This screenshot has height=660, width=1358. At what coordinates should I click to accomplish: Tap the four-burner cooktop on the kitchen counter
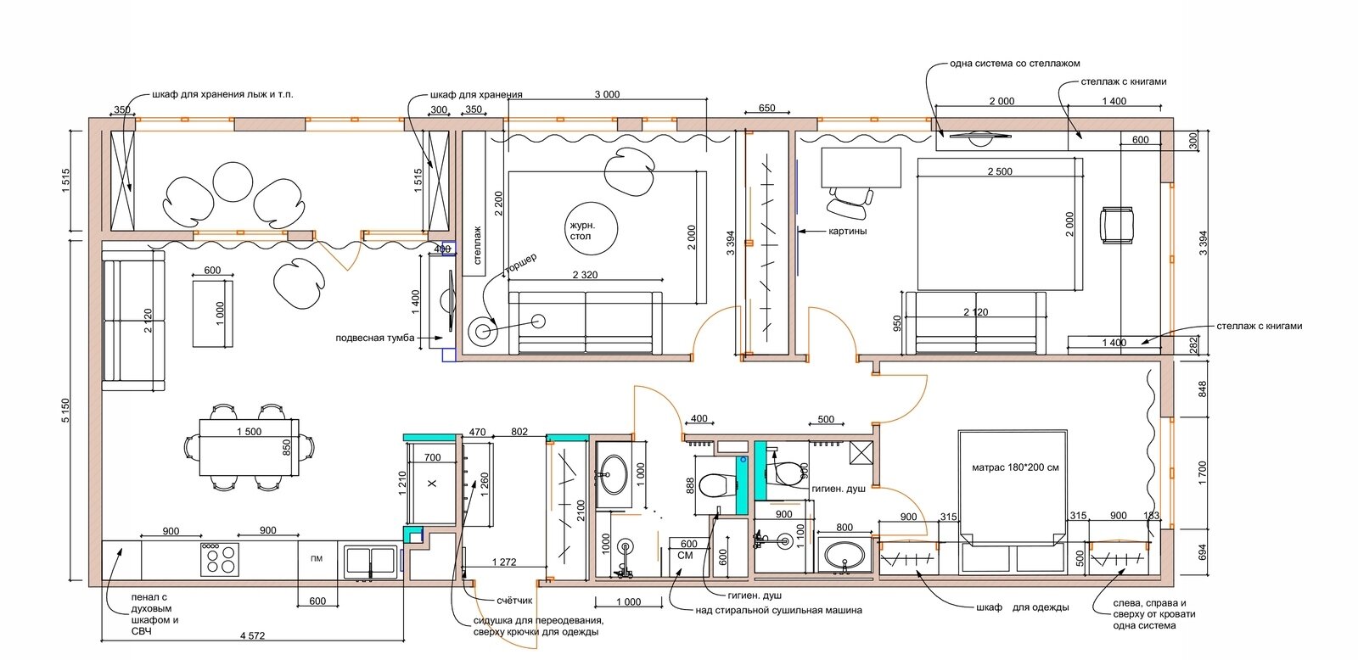click(x=220, y=559)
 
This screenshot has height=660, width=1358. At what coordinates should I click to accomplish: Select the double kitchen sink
click(x=370, y=562)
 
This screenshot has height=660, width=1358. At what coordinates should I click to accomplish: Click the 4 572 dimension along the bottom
click(x=252, y=635)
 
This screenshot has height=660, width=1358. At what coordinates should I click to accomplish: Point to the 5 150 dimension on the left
click(x=65, y=411)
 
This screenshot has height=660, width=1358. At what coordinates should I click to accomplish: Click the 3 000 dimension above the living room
click(x=607, y=94)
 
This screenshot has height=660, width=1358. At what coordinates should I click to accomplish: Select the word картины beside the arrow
click(x=848, y=231)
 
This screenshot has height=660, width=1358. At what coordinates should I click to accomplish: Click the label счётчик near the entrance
click(x=514, y=601)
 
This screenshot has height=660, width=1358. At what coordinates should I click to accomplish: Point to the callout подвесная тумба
click(x=375, y=338)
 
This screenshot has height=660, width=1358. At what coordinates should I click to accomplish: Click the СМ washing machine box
click(x=685, y=555)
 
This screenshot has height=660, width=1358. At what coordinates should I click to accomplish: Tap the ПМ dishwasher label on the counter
click(x=317, y=559)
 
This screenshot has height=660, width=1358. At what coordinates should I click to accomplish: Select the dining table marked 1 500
click(x=250, y=447)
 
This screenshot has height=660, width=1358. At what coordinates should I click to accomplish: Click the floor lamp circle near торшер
click(x=483, y=331)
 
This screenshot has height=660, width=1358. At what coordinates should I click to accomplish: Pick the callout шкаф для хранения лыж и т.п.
click(x=222, y=94)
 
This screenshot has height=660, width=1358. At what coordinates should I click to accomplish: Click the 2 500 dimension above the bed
click(x=1000, y=171)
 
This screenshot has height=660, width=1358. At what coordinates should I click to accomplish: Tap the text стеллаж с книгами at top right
click(x=1124, y=81)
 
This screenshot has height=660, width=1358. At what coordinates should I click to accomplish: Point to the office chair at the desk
click(x=850, y=203)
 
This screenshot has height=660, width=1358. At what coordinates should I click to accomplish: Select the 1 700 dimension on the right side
click(x=1203, y=473)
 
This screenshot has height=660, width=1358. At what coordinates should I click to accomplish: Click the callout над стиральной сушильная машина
click(x=778, y=610)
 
